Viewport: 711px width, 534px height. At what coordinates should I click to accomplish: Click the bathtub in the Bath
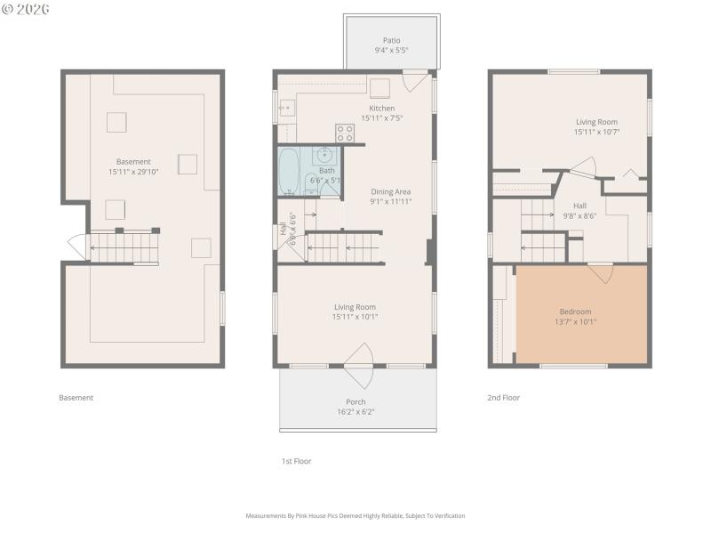289,170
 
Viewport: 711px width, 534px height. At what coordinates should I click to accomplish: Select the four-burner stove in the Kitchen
345,133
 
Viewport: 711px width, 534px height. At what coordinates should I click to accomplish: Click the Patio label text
391,40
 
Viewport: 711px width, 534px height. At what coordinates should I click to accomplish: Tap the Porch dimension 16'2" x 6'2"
355,412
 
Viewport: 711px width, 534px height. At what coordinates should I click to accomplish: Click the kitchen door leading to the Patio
413,82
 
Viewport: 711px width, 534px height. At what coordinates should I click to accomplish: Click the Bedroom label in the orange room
575,311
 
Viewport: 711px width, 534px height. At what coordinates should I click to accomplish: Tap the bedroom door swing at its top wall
602,271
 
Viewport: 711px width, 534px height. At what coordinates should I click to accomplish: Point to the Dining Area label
391,191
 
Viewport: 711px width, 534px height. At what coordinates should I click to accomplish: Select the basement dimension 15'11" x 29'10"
133,172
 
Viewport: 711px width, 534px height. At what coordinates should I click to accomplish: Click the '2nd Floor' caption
503,398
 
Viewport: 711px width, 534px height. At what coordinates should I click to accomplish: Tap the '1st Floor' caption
296,461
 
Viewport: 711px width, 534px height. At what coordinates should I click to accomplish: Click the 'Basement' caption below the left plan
76,398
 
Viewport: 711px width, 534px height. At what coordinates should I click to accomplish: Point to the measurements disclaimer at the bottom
355,515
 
